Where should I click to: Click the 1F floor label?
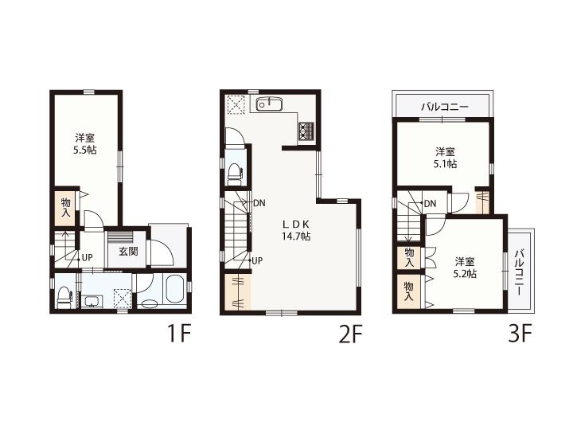179,334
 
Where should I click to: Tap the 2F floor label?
350,334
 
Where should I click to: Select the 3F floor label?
520,334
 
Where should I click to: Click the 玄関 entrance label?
128,251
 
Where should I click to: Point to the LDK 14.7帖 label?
296,230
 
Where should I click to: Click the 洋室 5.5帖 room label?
85,143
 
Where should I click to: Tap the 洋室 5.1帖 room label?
445,157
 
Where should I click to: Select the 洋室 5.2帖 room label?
465,268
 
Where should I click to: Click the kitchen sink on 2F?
269,104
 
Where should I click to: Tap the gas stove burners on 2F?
306,131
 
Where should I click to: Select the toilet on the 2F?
234,174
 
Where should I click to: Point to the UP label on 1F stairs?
87,258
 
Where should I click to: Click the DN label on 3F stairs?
430,203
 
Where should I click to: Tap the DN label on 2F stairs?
259,203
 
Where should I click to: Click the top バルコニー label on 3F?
445,107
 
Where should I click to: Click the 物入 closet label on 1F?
66,207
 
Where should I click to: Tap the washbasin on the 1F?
92,302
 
